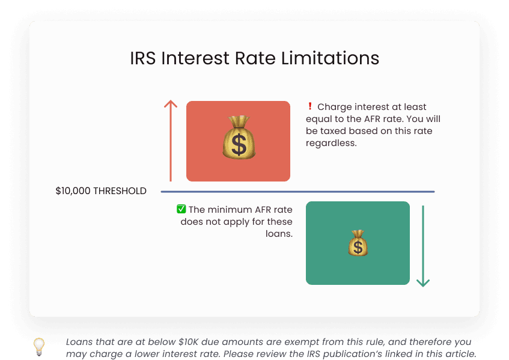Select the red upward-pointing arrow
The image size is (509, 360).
171,141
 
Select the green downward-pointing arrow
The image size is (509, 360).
423,246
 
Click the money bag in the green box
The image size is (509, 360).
358,243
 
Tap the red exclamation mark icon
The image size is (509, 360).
310,106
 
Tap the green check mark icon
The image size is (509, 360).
181,209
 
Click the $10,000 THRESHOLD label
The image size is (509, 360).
101,191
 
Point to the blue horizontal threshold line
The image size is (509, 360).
297,192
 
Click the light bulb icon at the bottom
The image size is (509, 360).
39,346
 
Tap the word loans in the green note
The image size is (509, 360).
279,234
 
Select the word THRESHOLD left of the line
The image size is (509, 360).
120,191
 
